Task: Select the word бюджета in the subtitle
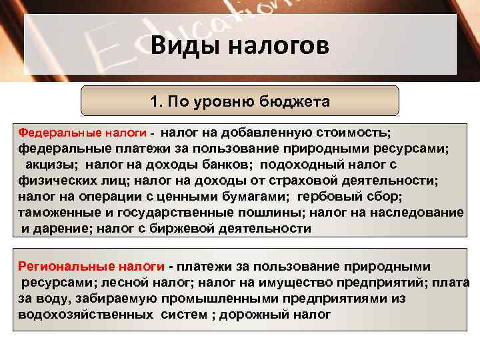click(x=298, y=102)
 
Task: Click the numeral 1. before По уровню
click(x=155, y=102)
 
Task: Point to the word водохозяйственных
click(x=87, y=315)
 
